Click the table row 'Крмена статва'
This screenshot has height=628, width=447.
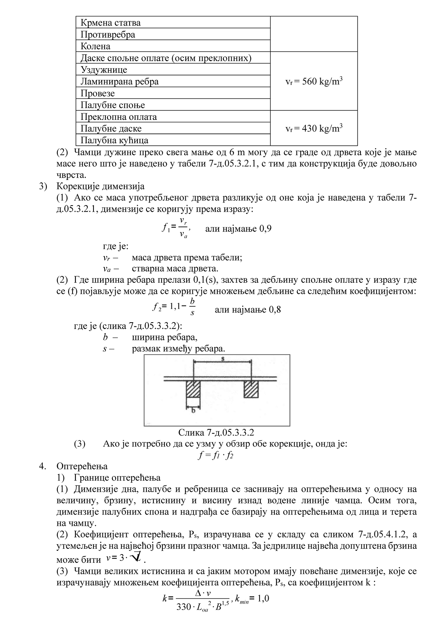coord(111,23)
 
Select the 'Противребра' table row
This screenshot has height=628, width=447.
coord(108,34)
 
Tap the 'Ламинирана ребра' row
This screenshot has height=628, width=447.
coord(119,82)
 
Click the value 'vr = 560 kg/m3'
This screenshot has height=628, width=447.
coord(314,81)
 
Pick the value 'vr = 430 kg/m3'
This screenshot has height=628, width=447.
coord(314,128)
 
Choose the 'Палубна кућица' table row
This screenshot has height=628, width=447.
coord(114,140)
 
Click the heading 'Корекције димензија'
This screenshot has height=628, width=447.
coord(100,186)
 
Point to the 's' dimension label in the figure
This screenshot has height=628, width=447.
coord(222,359)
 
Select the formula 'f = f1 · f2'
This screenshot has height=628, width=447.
coord(216,455)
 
